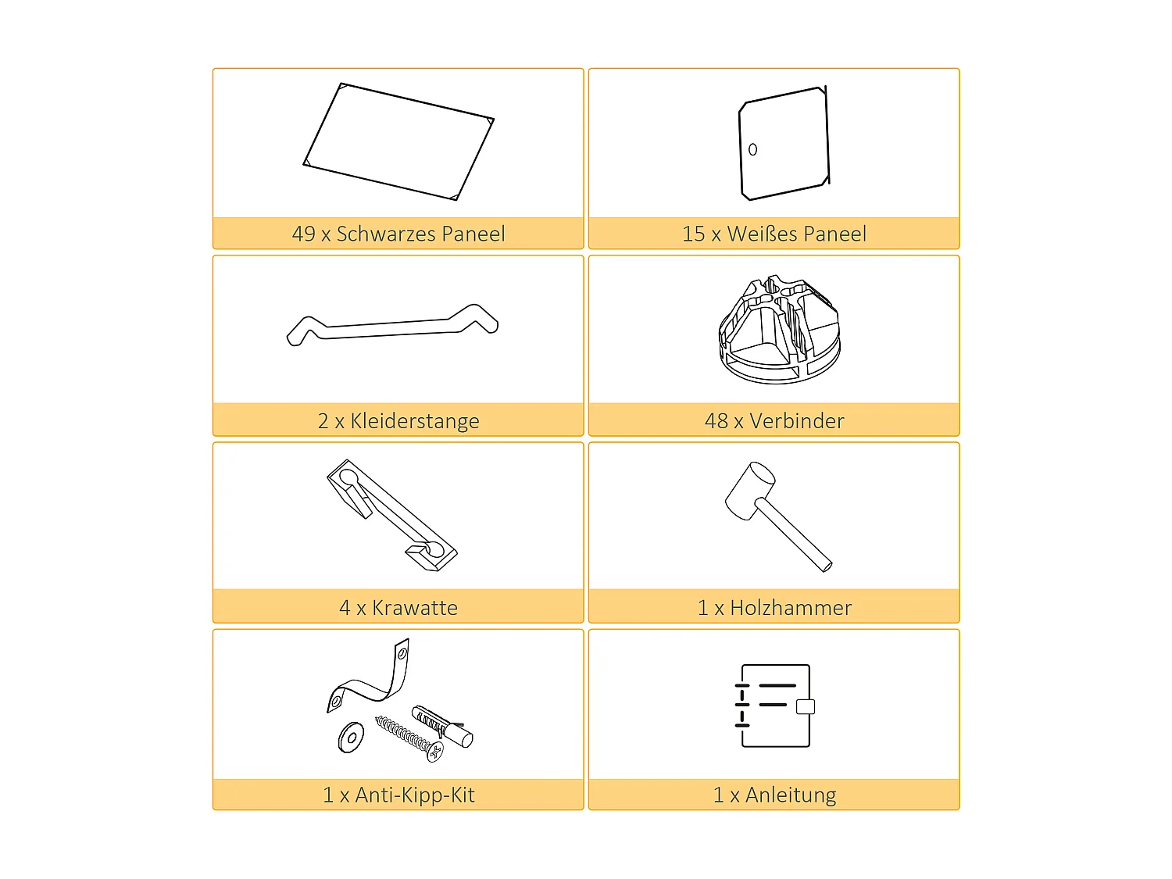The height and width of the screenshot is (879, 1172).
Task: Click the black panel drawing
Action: point(398,141)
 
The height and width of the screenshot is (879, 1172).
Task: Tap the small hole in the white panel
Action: point(752,149)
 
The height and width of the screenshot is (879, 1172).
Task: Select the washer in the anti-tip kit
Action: point(351,737)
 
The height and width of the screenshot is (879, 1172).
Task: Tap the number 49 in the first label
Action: point(303,234)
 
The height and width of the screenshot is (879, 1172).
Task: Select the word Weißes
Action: point(762,234)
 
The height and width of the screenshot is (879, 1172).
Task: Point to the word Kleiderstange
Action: point(415,421)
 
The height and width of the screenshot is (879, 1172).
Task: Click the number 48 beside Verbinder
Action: point(716,421)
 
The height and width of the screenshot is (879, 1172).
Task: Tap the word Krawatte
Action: point(415,608)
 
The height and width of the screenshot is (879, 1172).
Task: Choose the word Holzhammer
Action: point(791,608)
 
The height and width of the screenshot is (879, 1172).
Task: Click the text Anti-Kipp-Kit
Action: point(415,795)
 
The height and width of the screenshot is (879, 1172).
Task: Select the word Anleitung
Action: point(791,795)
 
